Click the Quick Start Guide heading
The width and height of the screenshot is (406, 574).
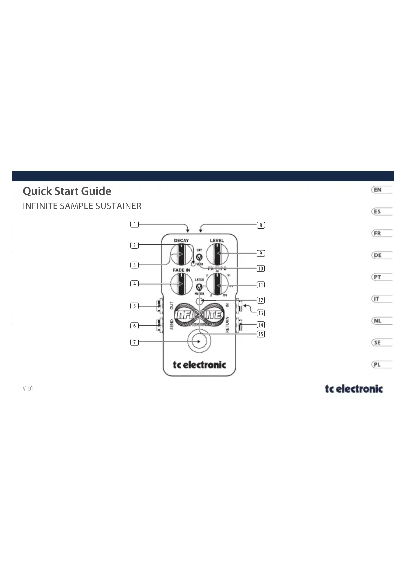point(67,191)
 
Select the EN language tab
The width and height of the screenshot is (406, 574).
point(378,190)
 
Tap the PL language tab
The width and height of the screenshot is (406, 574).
point(378,364)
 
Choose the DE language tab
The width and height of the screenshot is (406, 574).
point(378,255)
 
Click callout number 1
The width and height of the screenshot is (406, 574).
point(135,224)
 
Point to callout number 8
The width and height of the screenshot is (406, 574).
point(261,225)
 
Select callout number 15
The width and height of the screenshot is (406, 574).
point(261,334)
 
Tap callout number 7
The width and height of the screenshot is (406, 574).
point(135,342)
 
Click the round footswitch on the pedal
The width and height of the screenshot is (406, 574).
point(199,341)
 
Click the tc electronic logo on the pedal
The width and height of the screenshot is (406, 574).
point(199,365)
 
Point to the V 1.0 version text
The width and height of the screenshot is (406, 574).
point(28,389)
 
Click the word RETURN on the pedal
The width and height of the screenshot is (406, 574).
point(227,325)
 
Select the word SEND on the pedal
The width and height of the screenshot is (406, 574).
point(172,324)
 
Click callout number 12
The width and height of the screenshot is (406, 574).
point(261,300)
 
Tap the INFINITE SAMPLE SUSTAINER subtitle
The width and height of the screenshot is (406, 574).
point(82,206)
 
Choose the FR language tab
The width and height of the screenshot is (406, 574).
point(378,233)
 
